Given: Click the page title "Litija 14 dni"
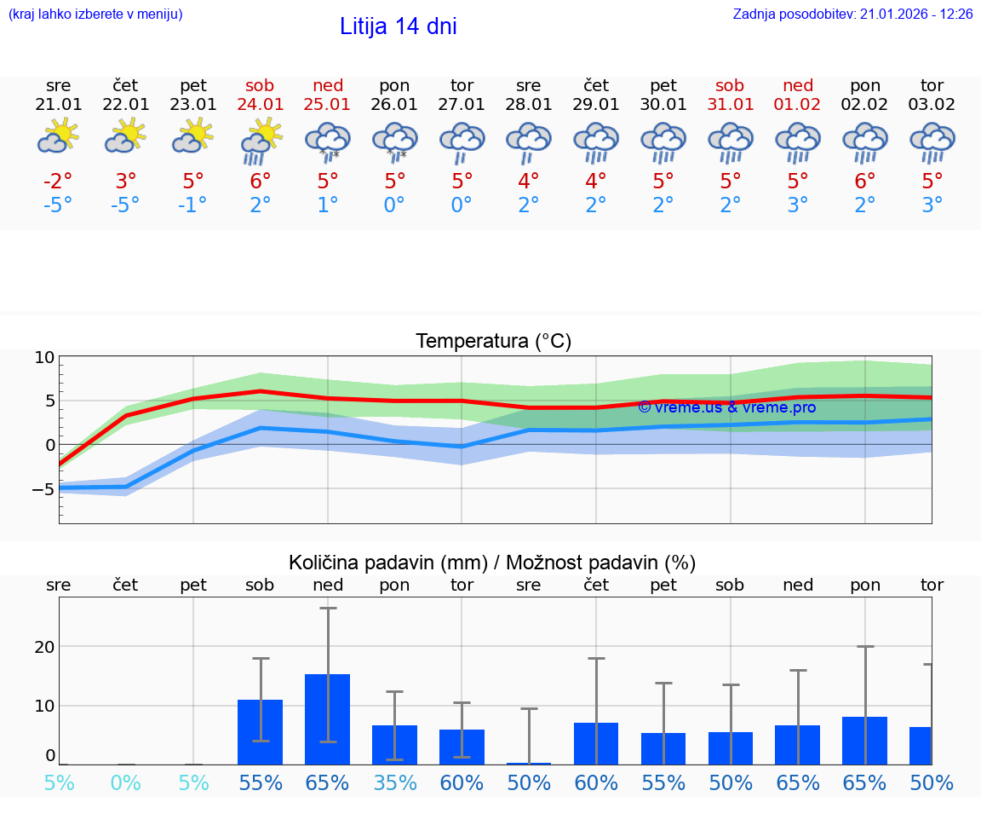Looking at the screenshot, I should [x=398, y=26].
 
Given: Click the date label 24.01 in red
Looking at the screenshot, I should [x=261, y=105].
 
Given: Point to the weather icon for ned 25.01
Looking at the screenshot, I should [x=328, y=141].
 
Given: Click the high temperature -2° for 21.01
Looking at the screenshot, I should [x=58, y=182].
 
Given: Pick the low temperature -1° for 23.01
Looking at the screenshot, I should [x=193, y=205].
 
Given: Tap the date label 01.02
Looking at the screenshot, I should [x=798, y=105].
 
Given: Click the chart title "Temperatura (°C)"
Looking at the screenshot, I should [x=493, y=342].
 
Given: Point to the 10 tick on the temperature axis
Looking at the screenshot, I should [x=44, y=357].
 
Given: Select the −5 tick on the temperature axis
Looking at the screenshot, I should [x=42, y=489].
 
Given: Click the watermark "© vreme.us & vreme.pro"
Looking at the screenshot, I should [x=726, y=407].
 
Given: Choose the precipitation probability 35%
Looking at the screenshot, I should [x=395, y=782].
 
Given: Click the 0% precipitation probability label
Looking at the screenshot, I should [x=125, y=782].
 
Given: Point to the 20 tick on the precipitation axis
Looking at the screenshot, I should [x=44, y=647].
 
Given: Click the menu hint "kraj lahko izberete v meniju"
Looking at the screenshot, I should [x=95, y=14].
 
